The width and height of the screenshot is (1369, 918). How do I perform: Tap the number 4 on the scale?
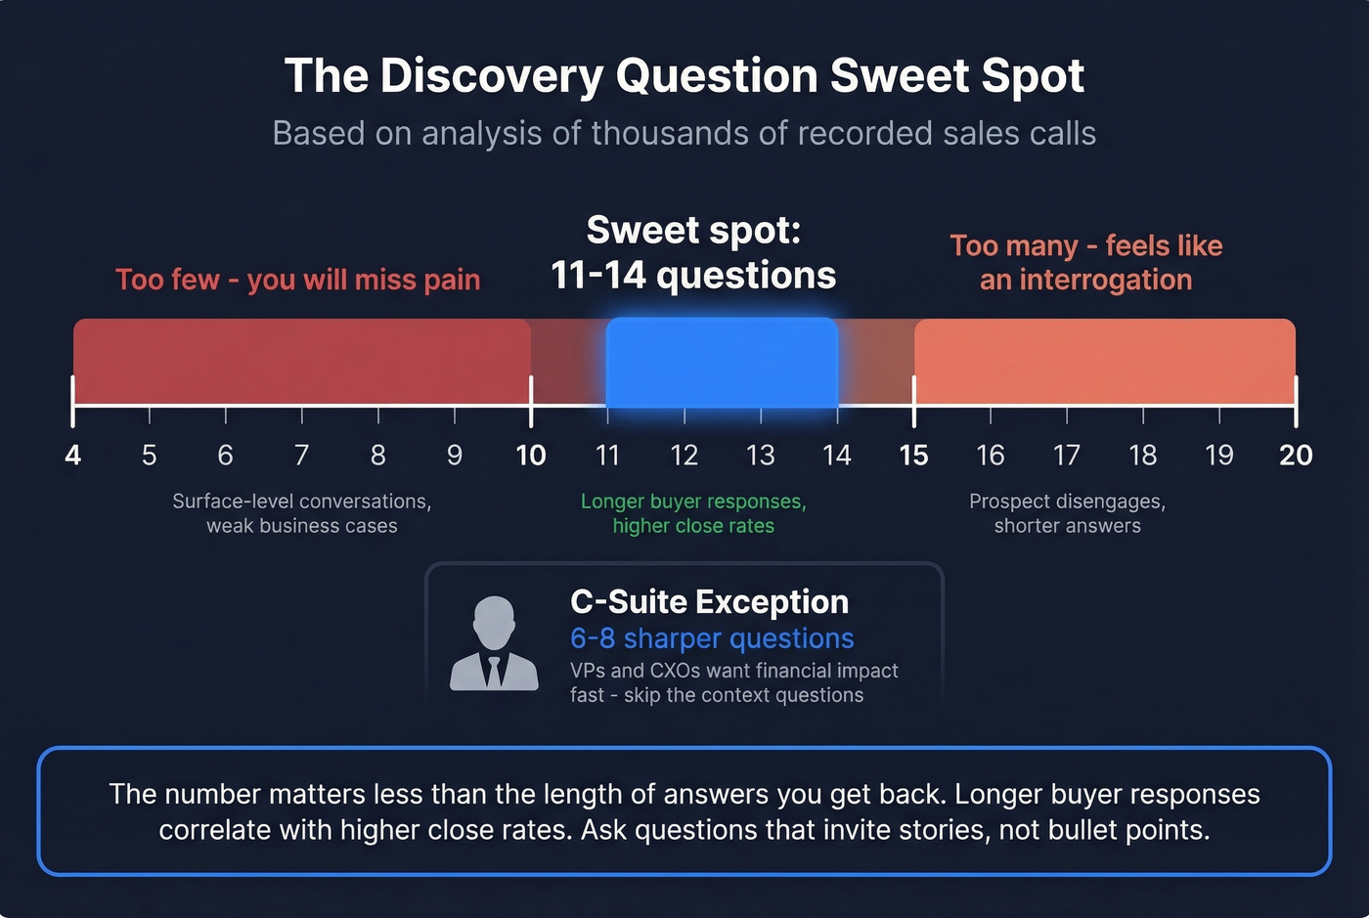click(73, 455)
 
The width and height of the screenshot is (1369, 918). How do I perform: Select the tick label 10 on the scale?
click(531, 455)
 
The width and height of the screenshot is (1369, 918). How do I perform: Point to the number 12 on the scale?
click(684, 455)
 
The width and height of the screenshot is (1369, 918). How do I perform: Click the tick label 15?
click(913, 455)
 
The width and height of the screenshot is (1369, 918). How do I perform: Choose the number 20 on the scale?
click(1296, 455)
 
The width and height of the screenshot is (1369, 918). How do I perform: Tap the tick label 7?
click(302, 455)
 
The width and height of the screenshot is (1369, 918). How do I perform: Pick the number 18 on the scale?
click(1143, 455)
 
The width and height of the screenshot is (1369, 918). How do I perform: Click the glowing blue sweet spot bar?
click(722, 362)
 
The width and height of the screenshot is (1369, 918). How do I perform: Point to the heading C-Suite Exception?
click(709, 601)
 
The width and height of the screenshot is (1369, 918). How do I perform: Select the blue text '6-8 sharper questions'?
click(712, 638)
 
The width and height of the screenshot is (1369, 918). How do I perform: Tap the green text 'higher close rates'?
click(693, 526)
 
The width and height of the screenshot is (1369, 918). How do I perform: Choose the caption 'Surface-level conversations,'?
click(302, 502)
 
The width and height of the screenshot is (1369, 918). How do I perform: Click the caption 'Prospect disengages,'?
click(1067, 502)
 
